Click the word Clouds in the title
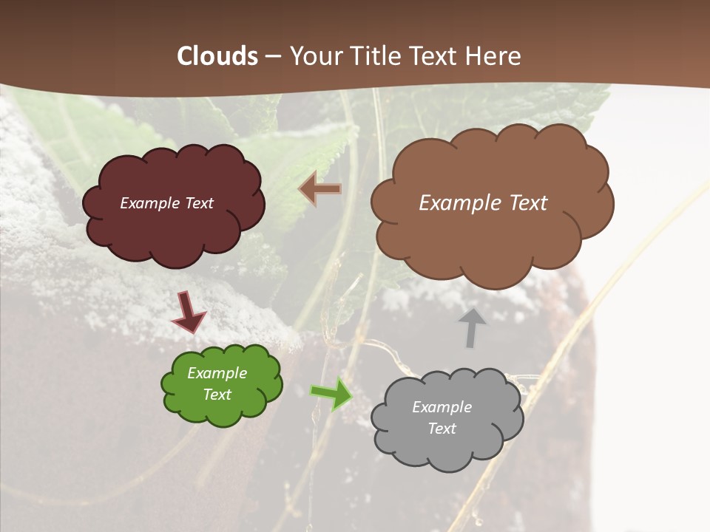217,56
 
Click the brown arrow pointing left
320,189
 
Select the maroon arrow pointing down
188,312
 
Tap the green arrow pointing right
331,393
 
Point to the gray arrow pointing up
472,327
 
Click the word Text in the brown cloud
524,203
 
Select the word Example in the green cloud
217,373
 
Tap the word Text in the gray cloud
442,429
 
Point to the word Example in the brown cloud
456,203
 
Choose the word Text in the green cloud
217,395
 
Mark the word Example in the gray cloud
442,407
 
